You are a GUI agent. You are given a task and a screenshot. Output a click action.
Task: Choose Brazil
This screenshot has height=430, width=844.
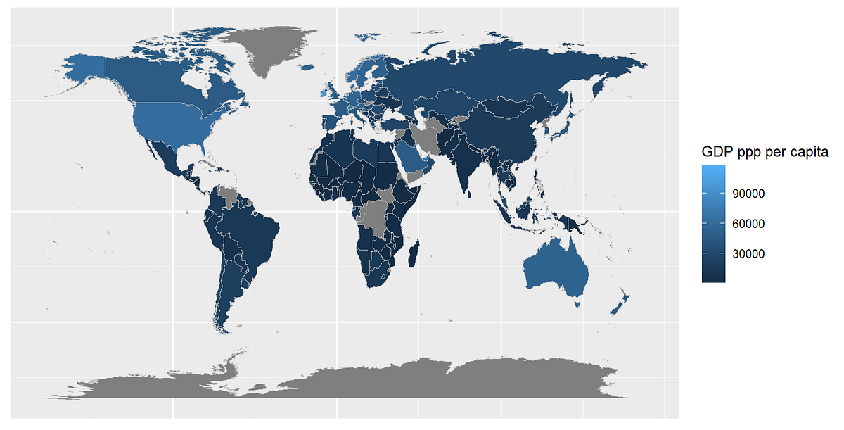click(x=250, y=232)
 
